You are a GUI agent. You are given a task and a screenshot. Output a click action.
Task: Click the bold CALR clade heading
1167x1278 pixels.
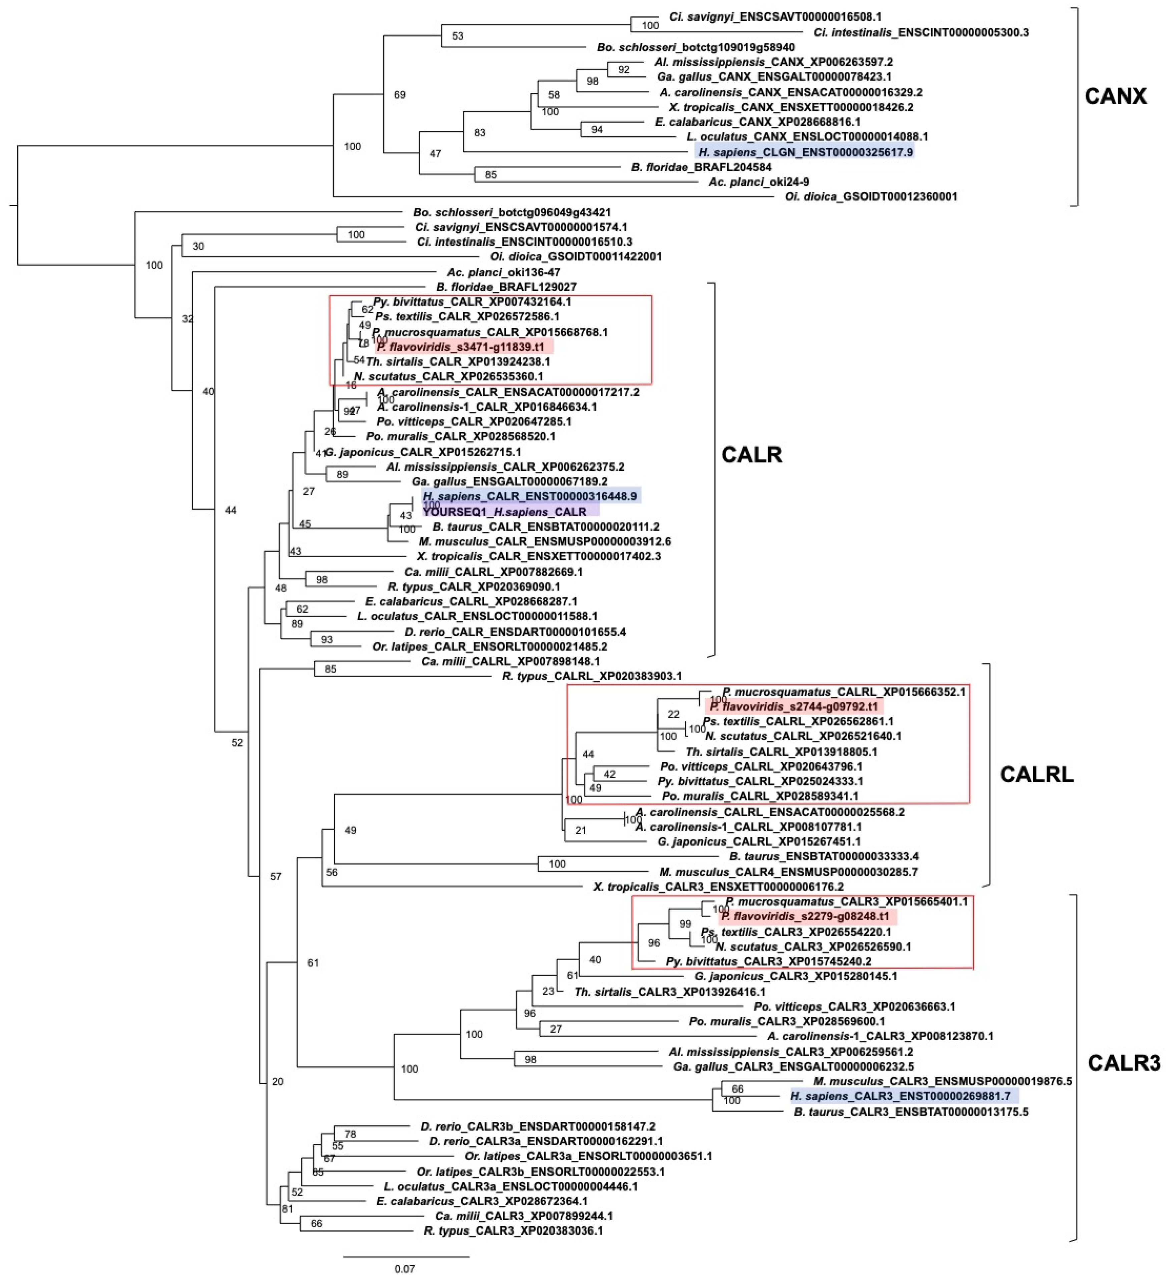[x=751, y=454]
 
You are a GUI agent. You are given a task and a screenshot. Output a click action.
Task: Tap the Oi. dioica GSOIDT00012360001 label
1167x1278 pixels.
[x=871, y=196]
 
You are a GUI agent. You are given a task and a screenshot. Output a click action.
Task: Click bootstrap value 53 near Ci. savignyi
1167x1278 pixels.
[x=457, y=36]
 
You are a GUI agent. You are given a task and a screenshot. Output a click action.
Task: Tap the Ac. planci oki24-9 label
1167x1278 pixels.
[x=758, y=182]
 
